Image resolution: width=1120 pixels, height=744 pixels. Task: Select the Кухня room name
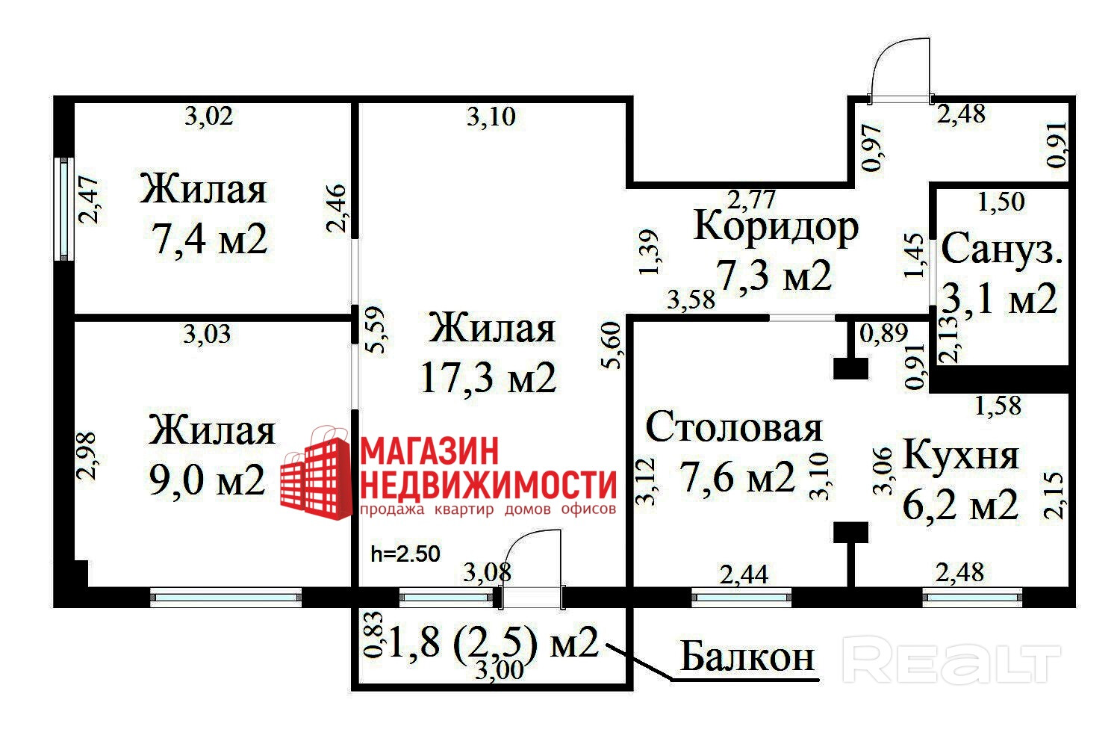click(961, 454)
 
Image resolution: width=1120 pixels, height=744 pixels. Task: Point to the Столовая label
click(734, 427)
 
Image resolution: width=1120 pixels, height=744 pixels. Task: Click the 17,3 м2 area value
click(488, 378)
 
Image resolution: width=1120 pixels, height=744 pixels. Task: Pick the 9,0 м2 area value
click(208, 480)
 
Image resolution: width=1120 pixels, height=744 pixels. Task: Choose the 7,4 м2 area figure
click(209, 240)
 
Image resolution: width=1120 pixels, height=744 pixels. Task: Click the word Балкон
click(747, 657)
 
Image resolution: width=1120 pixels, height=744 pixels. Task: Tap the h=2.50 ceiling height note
click(405, 554)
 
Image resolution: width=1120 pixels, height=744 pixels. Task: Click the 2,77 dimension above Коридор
click(752, 199)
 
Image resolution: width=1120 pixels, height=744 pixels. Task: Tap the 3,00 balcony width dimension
click(499, 671)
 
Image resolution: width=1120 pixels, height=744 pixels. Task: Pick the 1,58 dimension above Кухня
click(998, 406)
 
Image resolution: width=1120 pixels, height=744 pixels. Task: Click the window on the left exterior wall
click(65, 208)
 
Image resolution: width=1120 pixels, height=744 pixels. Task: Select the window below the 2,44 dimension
click(741, 596)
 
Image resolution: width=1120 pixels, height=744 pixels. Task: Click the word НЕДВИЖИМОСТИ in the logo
click(488, 484)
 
